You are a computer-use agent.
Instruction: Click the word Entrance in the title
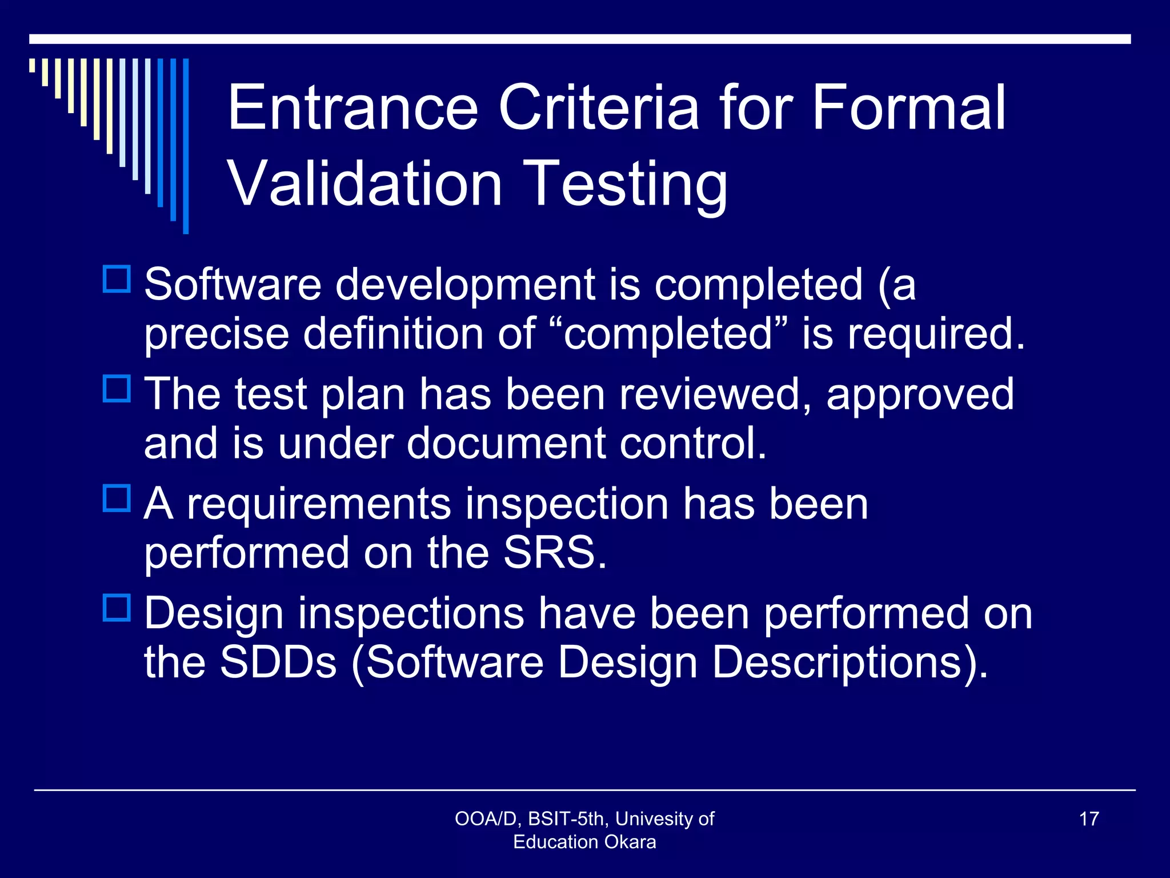coord(352,107)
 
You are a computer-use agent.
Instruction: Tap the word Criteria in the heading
coord(598,107)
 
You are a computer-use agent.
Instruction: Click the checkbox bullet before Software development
coord(117,279)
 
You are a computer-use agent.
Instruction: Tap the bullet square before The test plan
coord(117,389)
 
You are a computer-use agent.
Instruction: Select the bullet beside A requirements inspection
coord(117,498)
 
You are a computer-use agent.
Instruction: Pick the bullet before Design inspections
coord(117,608)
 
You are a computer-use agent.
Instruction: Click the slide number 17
coord(1089,819)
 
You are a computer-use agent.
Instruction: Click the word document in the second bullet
coord(505,444)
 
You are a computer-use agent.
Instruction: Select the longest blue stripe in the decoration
coord(186,146)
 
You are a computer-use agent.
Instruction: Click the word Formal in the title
coord(908,107)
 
